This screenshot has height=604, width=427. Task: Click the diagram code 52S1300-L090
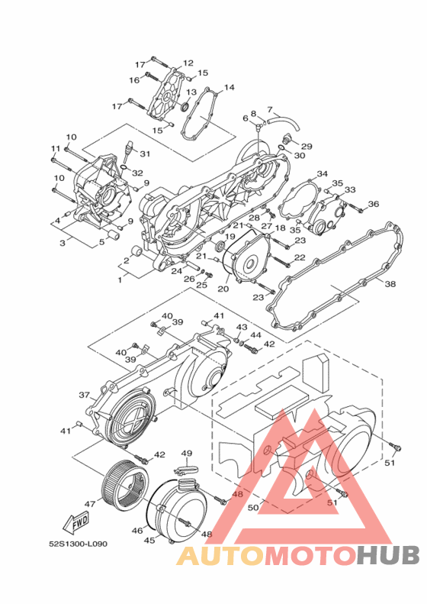click(78, 544)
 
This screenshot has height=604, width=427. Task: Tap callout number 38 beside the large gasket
click(390, 284)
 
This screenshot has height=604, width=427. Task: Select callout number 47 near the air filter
click(90, 504)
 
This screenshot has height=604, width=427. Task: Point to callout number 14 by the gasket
click(229, 88)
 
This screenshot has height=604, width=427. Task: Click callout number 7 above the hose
click(270, 109)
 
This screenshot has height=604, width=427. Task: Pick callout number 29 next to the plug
click(307, 147)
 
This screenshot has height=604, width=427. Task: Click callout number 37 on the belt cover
click(84, 395)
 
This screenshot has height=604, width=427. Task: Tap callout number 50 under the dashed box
click(253, 508)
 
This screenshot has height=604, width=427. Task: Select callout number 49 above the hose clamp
click(187, 454)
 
